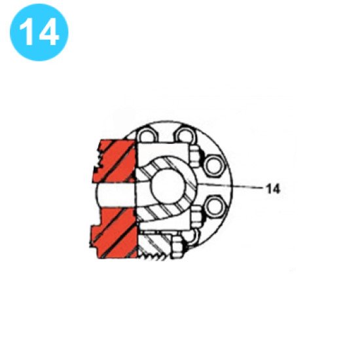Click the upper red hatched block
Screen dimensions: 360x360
pyautogui.click(x=117, y=161)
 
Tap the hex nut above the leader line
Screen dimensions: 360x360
pyautogui.click(x=195, y=155)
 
